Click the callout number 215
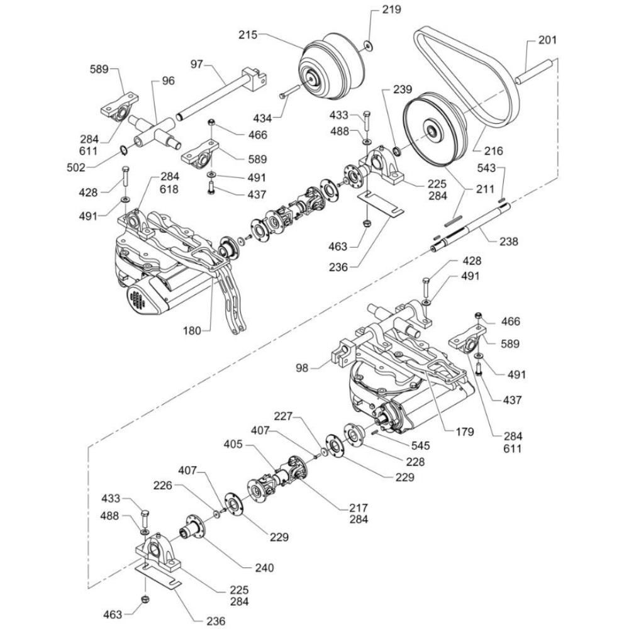point(248,35)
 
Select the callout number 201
point(547,41)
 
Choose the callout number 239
point(404,89)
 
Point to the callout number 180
point(194,330)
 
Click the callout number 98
point(303,368)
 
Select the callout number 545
point(421,445)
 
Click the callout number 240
point(264,567)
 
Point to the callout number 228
point(415,462)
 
